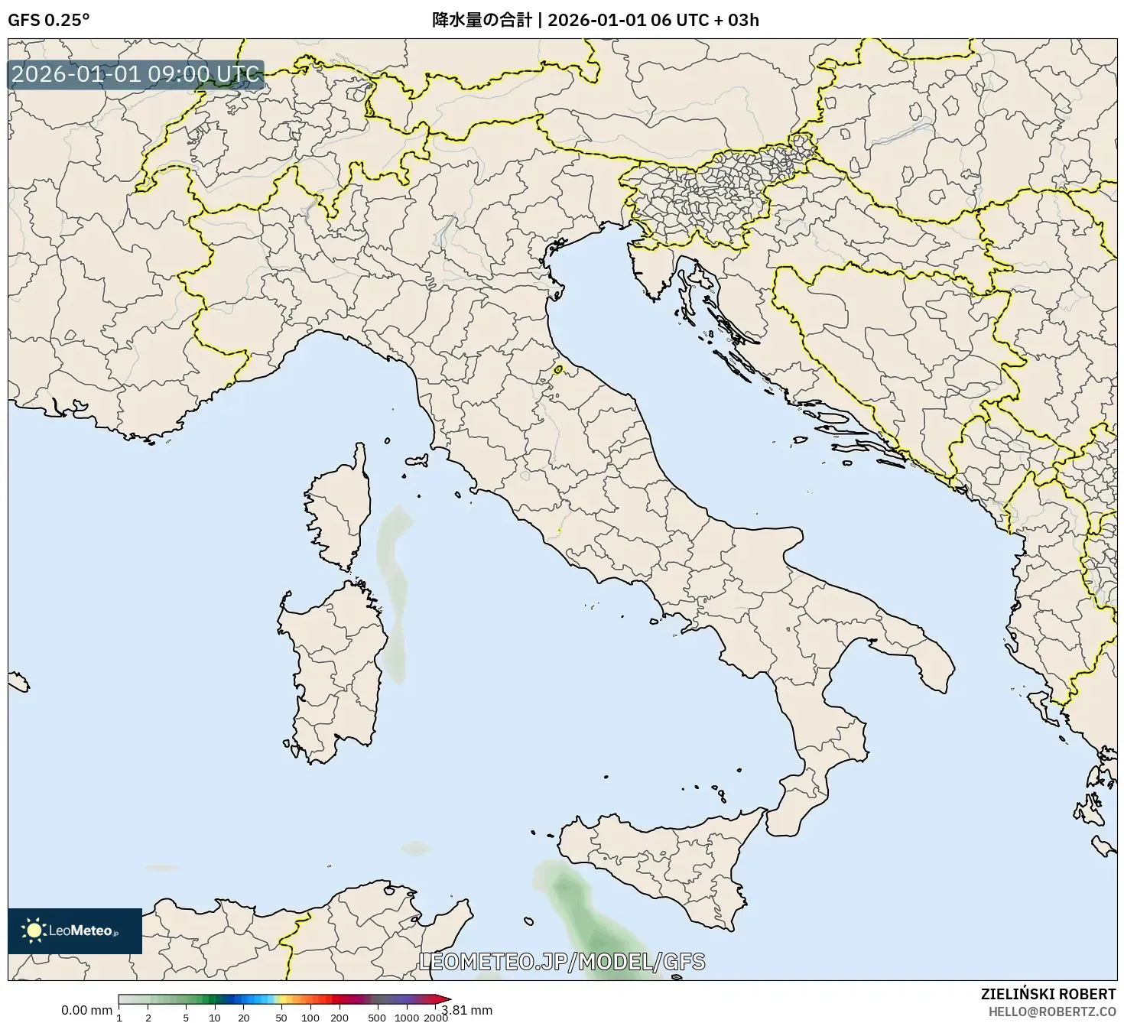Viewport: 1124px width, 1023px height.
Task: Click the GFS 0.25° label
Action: coord(48,20)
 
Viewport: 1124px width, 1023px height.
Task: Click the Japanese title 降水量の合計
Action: coord(482,20)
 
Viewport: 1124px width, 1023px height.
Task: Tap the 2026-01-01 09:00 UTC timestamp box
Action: coord(136,75)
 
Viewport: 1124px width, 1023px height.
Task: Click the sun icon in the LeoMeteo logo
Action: coord(34,930)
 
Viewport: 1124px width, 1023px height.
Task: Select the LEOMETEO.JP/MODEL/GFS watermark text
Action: coord(562,961)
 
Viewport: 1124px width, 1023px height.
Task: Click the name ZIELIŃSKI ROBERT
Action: coord(1048,994)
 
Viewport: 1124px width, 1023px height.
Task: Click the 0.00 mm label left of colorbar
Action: coord(86,1010)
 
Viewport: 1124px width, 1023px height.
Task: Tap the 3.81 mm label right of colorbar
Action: coord(467,1010)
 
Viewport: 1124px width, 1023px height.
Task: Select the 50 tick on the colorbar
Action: coord(281,1017)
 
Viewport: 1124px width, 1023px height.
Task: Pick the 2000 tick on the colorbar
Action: coord(436,1017)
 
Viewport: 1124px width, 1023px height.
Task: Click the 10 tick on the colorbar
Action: coord(215,1017)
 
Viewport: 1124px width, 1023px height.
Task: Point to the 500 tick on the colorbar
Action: coord(377,1017)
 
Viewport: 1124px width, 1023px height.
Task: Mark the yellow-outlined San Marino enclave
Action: coord(558,370)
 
